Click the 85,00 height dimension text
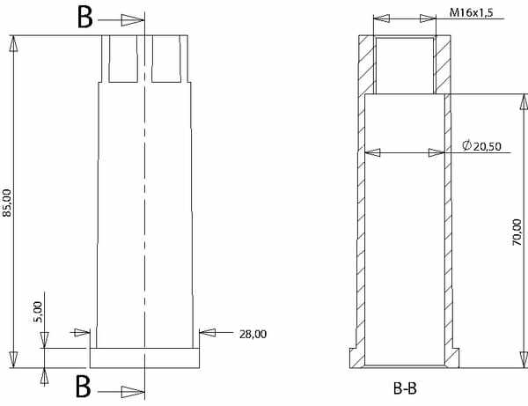tap(7, 203)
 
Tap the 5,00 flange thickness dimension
tap(39, 312)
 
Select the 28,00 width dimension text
tap(253, 335)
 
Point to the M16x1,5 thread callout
tap(472, 12)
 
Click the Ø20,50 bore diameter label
tap(481, 146)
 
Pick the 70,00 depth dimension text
tap(517, 233)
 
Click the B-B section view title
tap(405, 388)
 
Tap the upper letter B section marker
tap(84, 18)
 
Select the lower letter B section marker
tap(84, 387)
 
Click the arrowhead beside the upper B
tap(133, 20)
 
